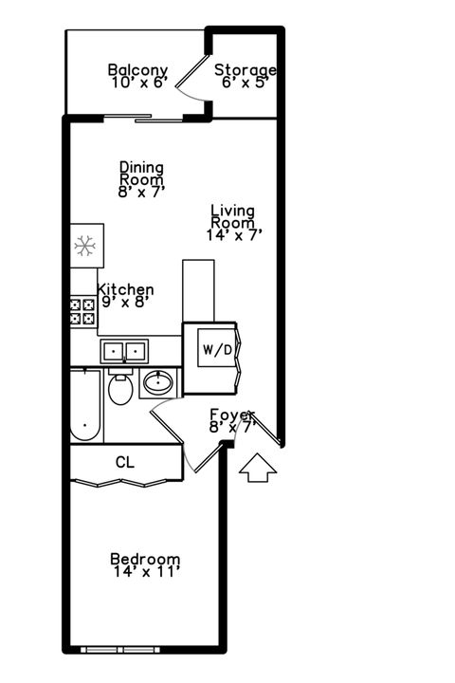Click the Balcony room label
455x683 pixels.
pos(137,70)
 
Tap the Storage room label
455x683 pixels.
pos(245,70)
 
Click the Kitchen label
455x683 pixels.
pos(125,290)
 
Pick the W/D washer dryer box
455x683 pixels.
pos(216,349)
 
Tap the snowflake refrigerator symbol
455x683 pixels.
pos(86,248)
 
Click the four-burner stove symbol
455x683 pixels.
pos(82,312)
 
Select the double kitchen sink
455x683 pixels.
pos(124,352)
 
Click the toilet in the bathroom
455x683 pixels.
pos(119,388)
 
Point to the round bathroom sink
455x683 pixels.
pos(156,384)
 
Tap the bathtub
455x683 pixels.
pos(85,406)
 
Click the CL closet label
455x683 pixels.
pos(124,463)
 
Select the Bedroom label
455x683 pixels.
pos(144,559)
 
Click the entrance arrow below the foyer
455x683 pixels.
pos(258,469)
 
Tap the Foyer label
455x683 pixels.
pos(232,415)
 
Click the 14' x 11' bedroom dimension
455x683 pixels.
pos(144,572)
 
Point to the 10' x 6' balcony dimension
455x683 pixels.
pos(137,83)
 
